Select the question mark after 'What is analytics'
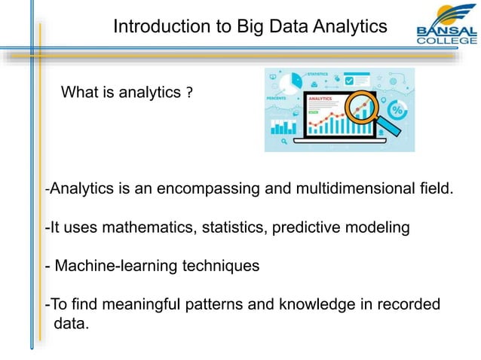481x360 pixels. click(x=189, y=93)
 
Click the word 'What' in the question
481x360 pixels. click(x=77, y=93)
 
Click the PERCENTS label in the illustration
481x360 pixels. click(x=279, y=98)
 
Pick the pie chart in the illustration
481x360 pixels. click(x=286, y=81)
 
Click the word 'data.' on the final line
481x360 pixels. click(x=72, y=324)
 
